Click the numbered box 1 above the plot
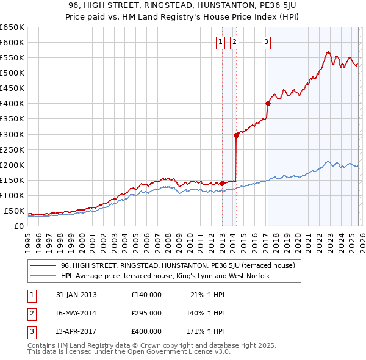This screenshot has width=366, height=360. (220, 42)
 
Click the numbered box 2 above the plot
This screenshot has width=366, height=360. (234, 42)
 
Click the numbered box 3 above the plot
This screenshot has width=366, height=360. (267, 42)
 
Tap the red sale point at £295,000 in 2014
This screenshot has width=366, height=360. (236, 135)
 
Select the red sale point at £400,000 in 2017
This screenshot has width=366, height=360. (268, 103)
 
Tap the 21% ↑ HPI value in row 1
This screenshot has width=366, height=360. (207, 295)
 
